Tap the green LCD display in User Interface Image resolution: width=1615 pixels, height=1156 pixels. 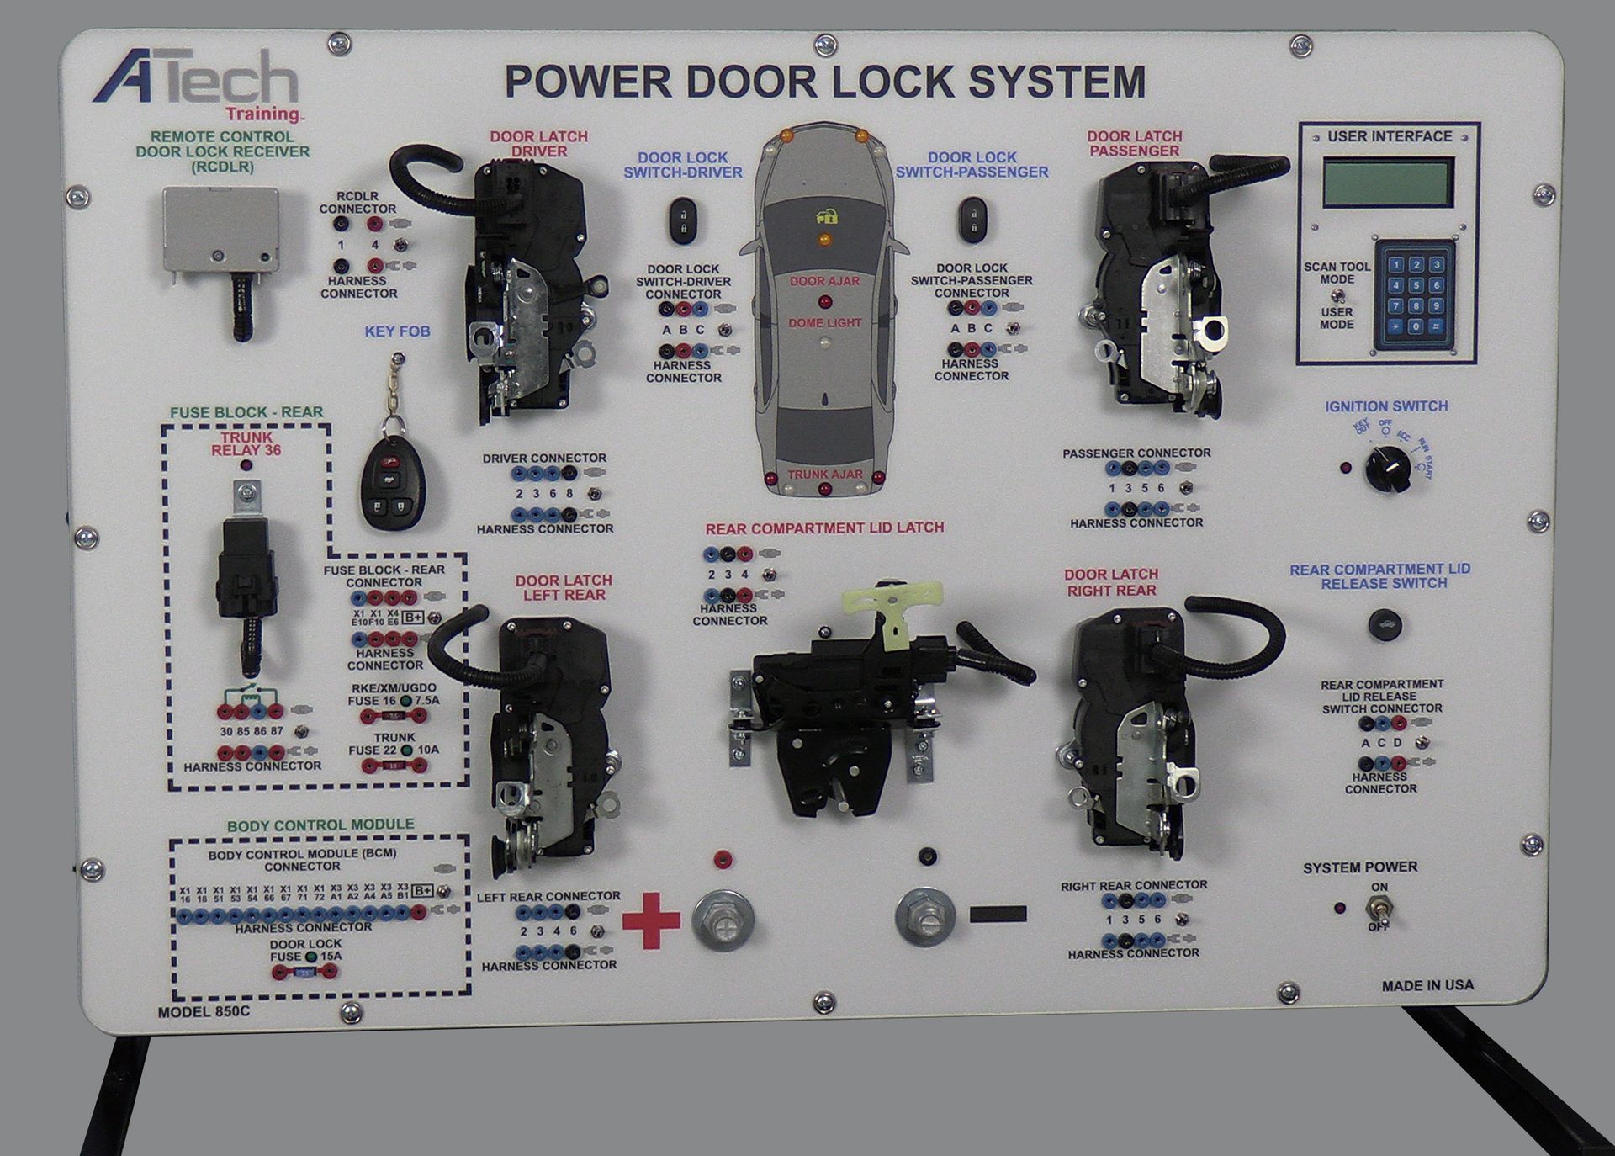(1388, 183)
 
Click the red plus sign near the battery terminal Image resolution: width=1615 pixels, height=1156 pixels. (651, 920)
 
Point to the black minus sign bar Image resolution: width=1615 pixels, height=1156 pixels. (998, 914)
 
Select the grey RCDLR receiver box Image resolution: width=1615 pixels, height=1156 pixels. (220, 232)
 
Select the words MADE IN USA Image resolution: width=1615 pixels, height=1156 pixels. (1427, 985)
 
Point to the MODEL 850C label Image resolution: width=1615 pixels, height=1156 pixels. (204, 1012)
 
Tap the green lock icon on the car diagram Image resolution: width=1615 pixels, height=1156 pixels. (828, 216)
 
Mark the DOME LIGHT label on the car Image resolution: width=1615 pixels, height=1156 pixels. (824, 322)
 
